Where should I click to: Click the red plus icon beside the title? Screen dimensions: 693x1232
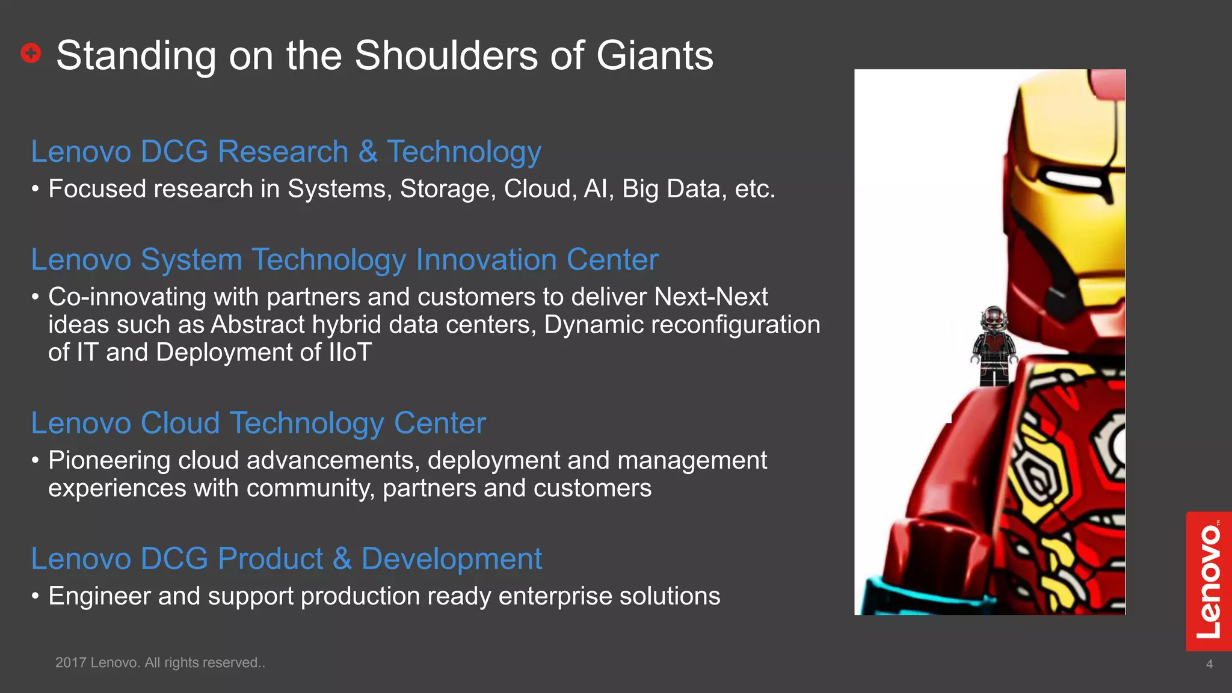point(31,53)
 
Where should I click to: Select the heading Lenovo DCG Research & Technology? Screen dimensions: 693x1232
point(286,152)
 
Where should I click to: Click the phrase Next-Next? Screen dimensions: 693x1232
point(710,297)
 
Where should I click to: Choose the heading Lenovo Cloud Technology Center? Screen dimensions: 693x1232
point(258,423)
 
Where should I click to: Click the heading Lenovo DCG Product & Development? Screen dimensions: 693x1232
point(286,559)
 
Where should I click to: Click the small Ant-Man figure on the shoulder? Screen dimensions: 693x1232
point(994,346)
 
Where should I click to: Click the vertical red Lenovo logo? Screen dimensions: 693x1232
point(1208,581)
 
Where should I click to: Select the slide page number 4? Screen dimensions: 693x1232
point(1209,664)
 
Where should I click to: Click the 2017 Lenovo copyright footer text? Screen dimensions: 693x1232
point(160,662)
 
